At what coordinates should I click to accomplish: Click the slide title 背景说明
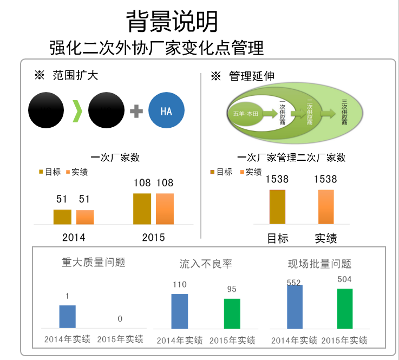point(172,22)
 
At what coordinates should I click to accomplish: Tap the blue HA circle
point(166,111)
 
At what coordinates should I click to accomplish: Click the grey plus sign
point(136,112)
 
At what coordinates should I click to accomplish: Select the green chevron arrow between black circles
point(78,111)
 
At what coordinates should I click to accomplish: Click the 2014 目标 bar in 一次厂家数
point(62,217)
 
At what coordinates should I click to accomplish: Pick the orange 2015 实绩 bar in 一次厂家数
point(165,208)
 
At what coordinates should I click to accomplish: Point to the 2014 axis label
point(74,237)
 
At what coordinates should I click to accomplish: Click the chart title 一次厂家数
point(115,158)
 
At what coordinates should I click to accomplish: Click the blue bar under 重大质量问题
point(67,316)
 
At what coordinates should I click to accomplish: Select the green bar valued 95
point(232,313)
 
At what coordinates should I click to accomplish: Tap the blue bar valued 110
point(179,311)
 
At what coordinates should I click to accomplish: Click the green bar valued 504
point(344,308)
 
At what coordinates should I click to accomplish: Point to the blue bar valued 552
point(295,306)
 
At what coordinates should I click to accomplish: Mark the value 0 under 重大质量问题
point(120,319)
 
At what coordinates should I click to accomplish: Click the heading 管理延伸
point(251,76)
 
